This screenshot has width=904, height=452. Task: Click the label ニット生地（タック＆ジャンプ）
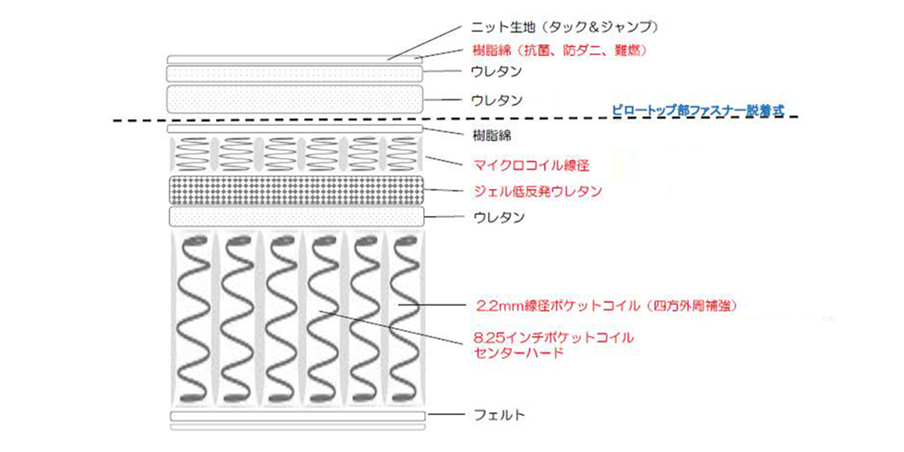(x=560, y=28)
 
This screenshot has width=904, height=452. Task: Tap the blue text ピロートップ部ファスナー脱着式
(x=697, y=108)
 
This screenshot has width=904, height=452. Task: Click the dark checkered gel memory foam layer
(x=296, y=190)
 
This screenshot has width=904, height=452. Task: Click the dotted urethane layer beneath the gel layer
(x=296, y=216)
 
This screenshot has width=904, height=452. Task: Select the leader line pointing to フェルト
(x=447, y=415)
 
